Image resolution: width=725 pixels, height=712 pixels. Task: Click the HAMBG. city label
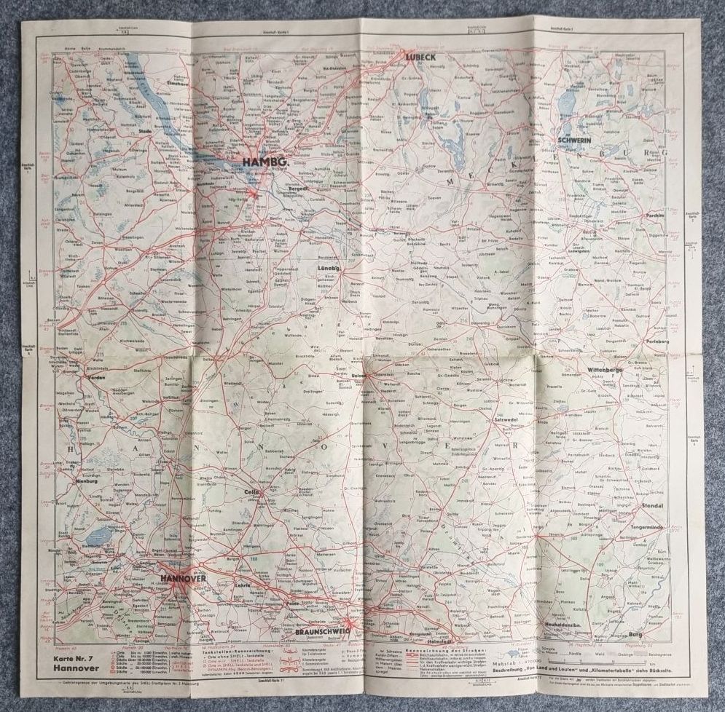(x=265, y=162)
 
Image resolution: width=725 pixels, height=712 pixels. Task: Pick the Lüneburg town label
(x=329, y=269)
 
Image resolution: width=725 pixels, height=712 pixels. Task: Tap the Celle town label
(x=249, y=493)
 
